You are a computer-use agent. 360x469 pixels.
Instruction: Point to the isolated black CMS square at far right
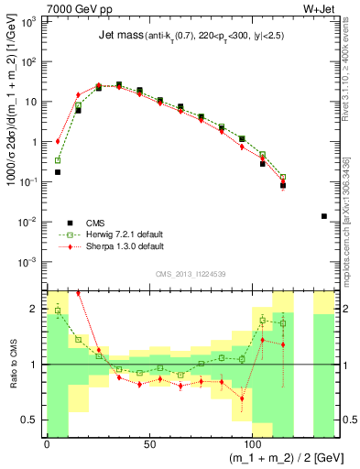(x=324, y=216)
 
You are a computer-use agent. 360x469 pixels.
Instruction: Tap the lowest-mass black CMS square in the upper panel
(x=58, y=171)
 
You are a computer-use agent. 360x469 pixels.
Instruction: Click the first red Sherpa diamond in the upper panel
(x=58, y=141)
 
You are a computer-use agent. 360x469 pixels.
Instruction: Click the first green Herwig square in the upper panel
(x=58, y=160)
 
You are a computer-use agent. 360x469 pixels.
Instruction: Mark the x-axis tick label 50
(x=139, y=443)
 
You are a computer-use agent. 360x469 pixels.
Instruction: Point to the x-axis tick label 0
(x=47, y=443)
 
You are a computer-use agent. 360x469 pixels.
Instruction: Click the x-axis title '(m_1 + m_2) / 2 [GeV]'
(x=290, y=457)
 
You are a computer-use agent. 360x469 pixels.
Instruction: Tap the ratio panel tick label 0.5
(x=31, y=420)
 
